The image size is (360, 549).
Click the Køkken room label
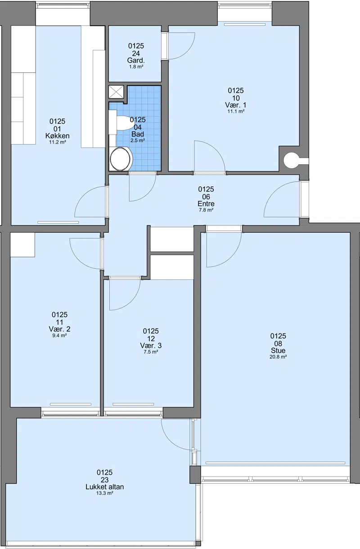pyautogui.click(x=57, y=136)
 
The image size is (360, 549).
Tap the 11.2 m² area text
pyautogui.click(x=57, y=142)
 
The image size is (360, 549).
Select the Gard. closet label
pyautogui.click(x=136, y=60)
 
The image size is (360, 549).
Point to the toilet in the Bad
pyautogui.click(x=124, y=122)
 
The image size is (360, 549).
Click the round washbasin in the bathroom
pyautogui.click(x=120, y=159)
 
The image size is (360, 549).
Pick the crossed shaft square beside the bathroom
pyautogui.click(x=116, y=92)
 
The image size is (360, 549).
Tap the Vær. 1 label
pyautogui.click(x=236, y=105)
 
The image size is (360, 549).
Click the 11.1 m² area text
pyautogui.click(x=236, y=112)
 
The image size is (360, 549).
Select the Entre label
pyautogui.click(x=206, y=204)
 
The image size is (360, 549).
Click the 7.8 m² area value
pyautogui.click(x=206, y=210)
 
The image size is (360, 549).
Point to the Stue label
pyautogui.click(x=278, y=351)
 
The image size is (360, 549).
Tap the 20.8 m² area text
pyautogui.click(x=278, y=357)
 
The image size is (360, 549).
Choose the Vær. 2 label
pyautogui.click(x=59, y=329)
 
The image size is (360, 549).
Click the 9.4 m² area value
pyautogui.click(x=59, y=336)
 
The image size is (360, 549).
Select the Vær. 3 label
pyautogui.click(x=151, y=346)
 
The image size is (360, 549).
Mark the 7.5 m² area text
pyautogui.click(x=151, y=352)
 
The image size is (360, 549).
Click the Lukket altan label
pyautogui.click(x=105, y=487)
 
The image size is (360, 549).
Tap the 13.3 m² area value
pyautogui.click(x=105, y=493)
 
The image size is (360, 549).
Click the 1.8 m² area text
pyautogui.click(x=136, y=67)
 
